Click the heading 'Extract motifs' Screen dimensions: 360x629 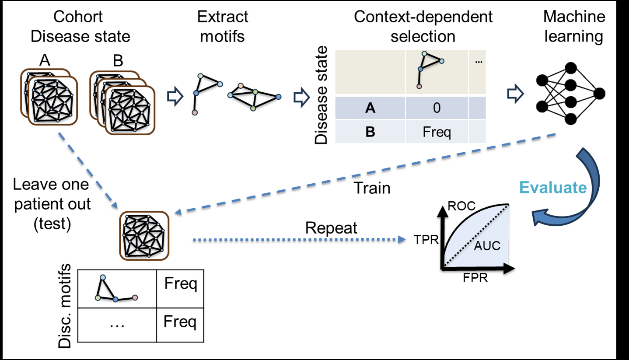[x=222, y=26]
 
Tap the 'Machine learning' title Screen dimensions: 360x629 [x=574, y=26]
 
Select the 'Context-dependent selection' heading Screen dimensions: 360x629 [x=423, y=26]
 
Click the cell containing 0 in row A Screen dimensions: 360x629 [x=437, y=108]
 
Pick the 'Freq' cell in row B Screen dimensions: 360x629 [x=437, y=132]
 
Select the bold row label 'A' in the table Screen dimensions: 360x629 [x=370, y=108]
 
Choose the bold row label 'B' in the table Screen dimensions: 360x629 [x=370, y=132]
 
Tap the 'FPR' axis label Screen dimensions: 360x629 [x=475, y=278]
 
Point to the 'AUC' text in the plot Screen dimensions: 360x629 [x=487, y=246]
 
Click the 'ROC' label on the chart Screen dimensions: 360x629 [x=461, y=206]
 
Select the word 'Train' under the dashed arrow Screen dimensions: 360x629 [x=372, y=188]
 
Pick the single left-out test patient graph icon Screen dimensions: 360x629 [x=144, y=236]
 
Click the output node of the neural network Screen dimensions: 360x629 [x=599, y=93]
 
